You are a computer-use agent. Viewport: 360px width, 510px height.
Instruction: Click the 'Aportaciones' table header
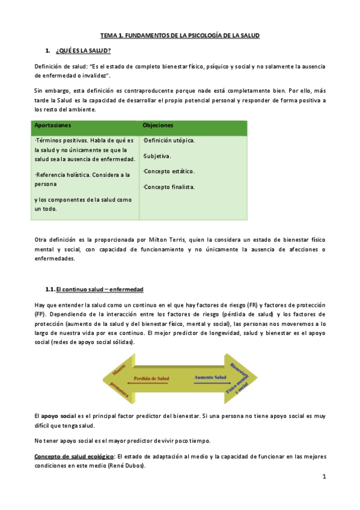pyautogui.click(x=53, y=126)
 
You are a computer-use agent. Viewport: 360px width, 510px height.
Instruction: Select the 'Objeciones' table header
pyautogui.click(x=158, y=126)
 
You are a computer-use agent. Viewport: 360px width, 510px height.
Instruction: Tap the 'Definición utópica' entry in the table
pyautogui.click(x=169, y=141)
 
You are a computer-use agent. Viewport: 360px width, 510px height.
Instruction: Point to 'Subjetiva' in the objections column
pyautogui.click(x=158, y=156)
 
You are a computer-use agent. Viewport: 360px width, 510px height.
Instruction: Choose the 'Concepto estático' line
pyautogui.click(x=169, y=172)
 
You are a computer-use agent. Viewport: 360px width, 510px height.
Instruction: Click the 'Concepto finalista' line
pyautogui.click(x=169, y=187)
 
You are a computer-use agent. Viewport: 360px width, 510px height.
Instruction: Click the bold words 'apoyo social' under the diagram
pyautogui.click(x=58, y=416)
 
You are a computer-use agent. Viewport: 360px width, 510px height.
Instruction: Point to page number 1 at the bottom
pyautogui.click(x=323, y=477)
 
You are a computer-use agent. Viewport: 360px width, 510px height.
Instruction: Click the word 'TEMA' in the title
pyautogui.click(x=108, y=36)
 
